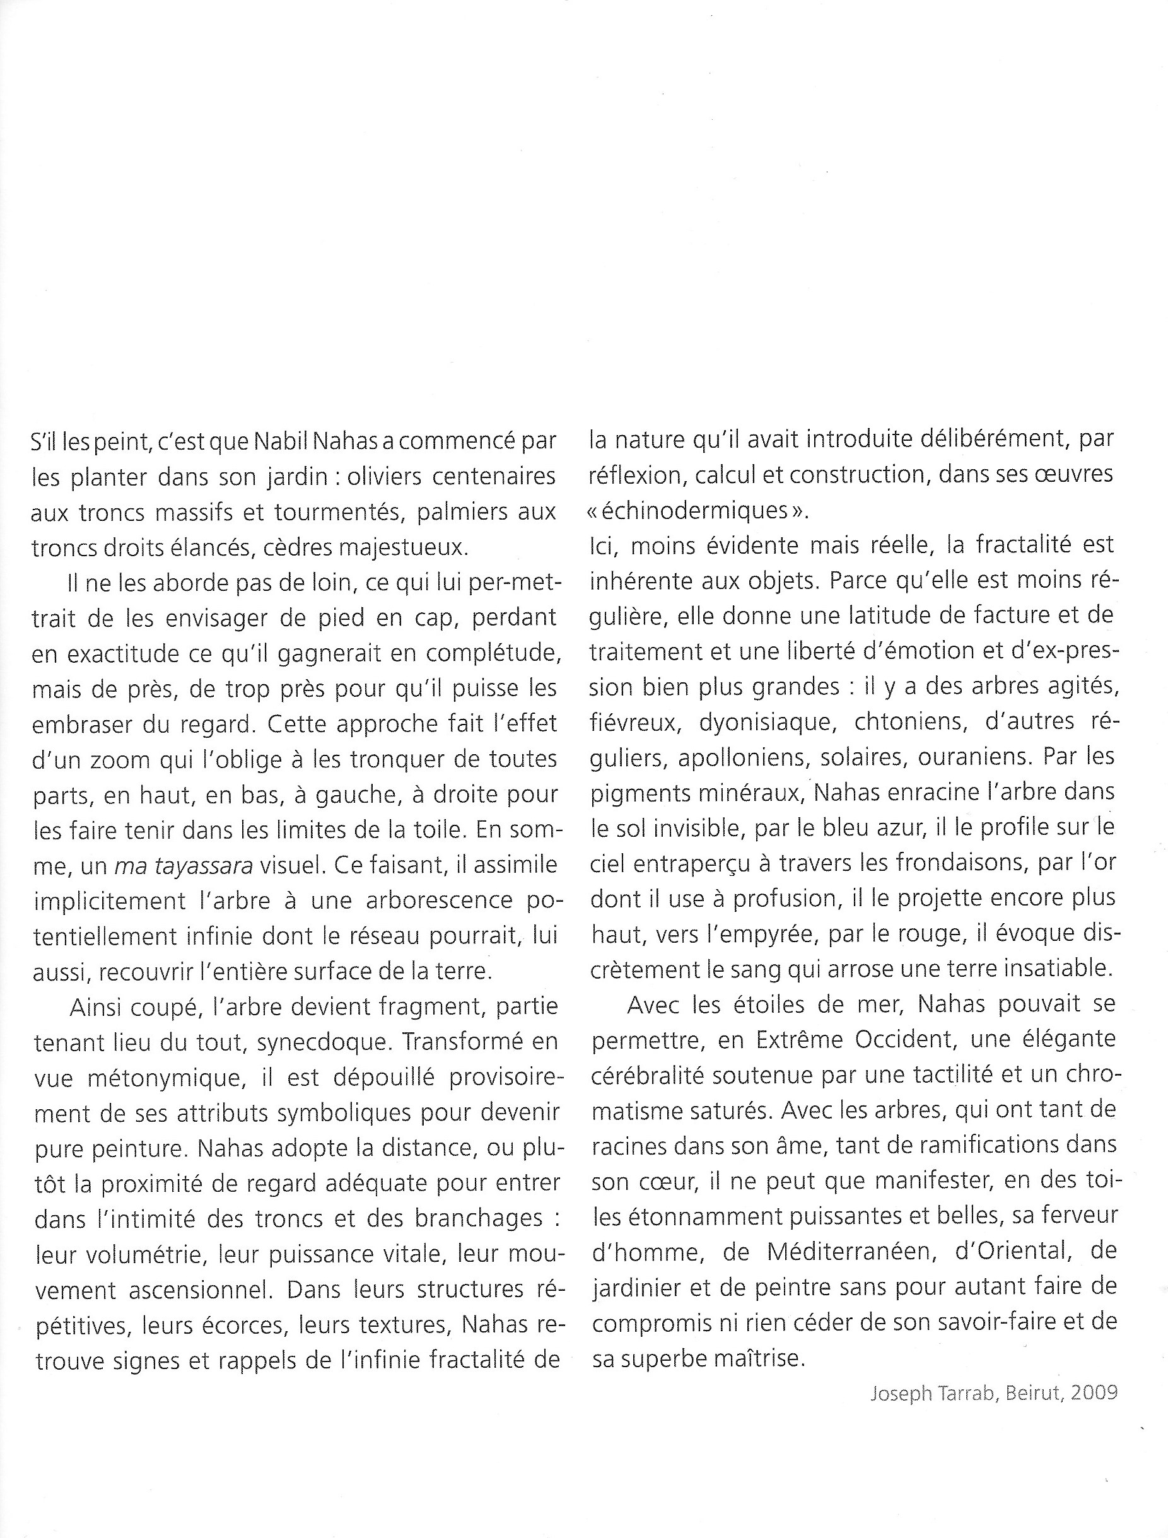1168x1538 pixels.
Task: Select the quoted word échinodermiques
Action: (698, 511)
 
